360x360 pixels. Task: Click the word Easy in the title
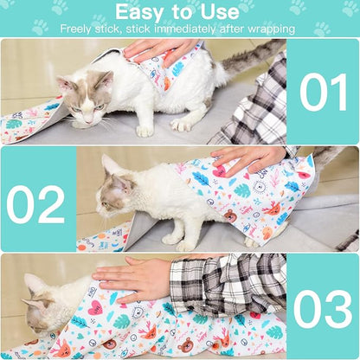click(x=143, y=12)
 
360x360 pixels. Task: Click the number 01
click(x=323, y=92)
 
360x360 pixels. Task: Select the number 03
click(x=322, y=309)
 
